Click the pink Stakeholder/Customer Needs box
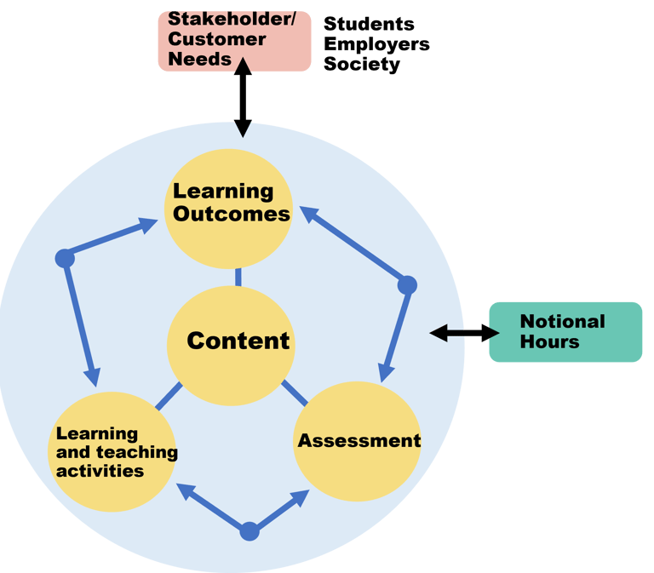[234, 41]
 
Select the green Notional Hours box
[565, 332]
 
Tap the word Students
[369, 24]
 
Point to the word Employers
[376, 44]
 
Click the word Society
[362, 64]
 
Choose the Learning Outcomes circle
[228, 209]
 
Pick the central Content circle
[231, 346]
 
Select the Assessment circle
[357, 441]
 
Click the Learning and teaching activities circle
[112, 451]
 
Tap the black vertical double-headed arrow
[243, 98]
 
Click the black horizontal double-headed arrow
[464, 333]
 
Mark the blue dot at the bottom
[250, 531]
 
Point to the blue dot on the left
[65, 258]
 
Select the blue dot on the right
[407, 285]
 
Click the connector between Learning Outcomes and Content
[238, 278]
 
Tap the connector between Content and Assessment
[295, 393]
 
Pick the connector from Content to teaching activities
[169, 396]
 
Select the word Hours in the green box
[550, 342]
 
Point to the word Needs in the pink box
[199, 59]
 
